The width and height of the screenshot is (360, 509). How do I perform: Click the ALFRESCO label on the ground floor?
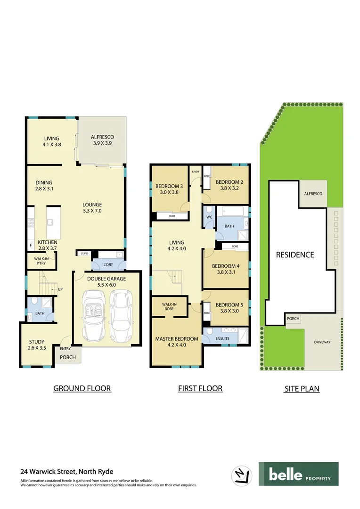[102, 137]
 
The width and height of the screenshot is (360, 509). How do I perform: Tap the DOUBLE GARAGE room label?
[106, 279]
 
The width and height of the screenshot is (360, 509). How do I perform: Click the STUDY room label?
[37, 342]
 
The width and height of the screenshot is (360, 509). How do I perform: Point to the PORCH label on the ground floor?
[68, 357]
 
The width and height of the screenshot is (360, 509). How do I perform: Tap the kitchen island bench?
[53, 222]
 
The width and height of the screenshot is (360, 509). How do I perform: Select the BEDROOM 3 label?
[169, 186]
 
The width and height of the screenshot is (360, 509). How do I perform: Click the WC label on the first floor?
[209, 218]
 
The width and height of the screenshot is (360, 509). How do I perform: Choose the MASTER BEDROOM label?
[177, 339]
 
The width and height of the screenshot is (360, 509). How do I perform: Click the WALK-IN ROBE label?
[169, 307]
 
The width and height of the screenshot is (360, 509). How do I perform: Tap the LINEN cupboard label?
[196, 172]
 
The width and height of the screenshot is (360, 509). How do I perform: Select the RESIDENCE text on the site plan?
[295, 254]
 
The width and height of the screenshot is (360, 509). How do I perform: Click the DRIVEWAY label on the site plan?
[323, 342]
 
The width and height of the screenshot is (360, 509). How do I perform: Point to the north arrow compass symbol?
[240, 474]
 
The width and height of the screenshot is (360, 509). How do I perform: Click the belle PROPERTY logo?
[298, 474]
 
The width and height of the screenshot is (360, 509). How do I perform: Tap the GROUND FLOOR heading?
[82, 388]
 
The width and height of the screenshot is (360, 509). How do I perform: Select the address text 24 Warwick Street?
[66, 471]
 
